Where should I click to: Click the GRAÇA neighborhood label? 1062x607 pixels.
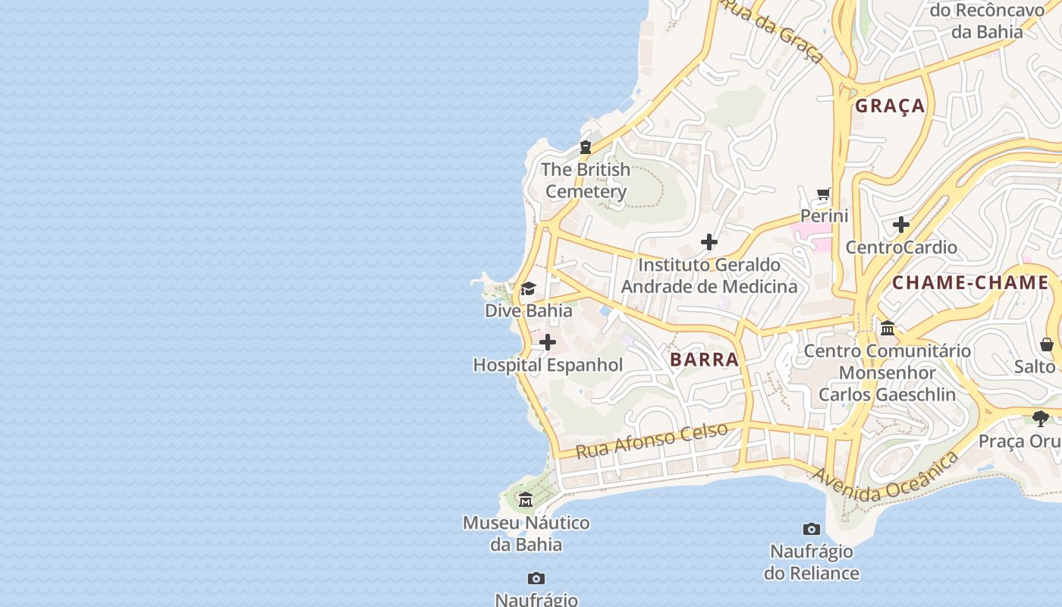[890, 106]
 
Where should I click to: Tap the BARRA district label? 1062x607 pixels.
[704, 360]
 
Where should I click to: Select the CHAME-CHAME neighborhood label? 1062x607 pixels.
[970, 283]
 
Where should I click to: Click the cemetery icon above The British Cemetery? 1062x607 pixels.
[585, 147]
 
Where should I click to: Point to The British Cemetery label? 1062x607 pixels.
[586, 181]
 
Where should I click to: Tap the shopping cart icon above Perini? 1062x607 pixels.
[824, 194]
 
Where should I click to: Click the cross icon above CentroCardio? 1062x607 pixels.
[901, 225]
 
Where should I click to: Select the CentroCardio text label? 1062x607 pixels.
[901, 247]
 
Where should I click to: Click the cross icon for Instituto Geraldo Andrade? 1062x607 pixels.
[709, 242]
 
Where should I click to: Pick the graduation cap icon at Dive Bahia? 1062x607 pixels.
[528, 289]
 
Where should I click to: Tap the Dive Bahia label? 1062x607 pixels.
[529, 311]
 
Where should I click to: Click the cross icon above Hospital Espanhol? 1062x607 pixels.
[547, 343]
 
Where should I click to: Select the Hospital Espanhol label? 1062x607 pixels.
[548, 365]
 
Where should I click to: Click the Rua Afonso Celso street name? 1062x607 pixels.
[652, 440]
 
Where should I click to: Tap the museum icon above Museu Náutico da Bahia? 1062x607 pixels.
[526, 500]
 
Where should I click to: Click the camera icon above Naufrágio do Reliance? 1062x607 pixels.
[812, 529]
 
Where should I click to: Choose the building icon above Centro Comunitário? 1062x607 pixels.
[887, 329]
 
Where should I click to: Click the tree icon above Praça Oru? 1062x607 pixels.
[1041, 418]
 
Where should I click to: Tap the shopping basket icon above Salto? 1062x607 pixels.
[1047, 344]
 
